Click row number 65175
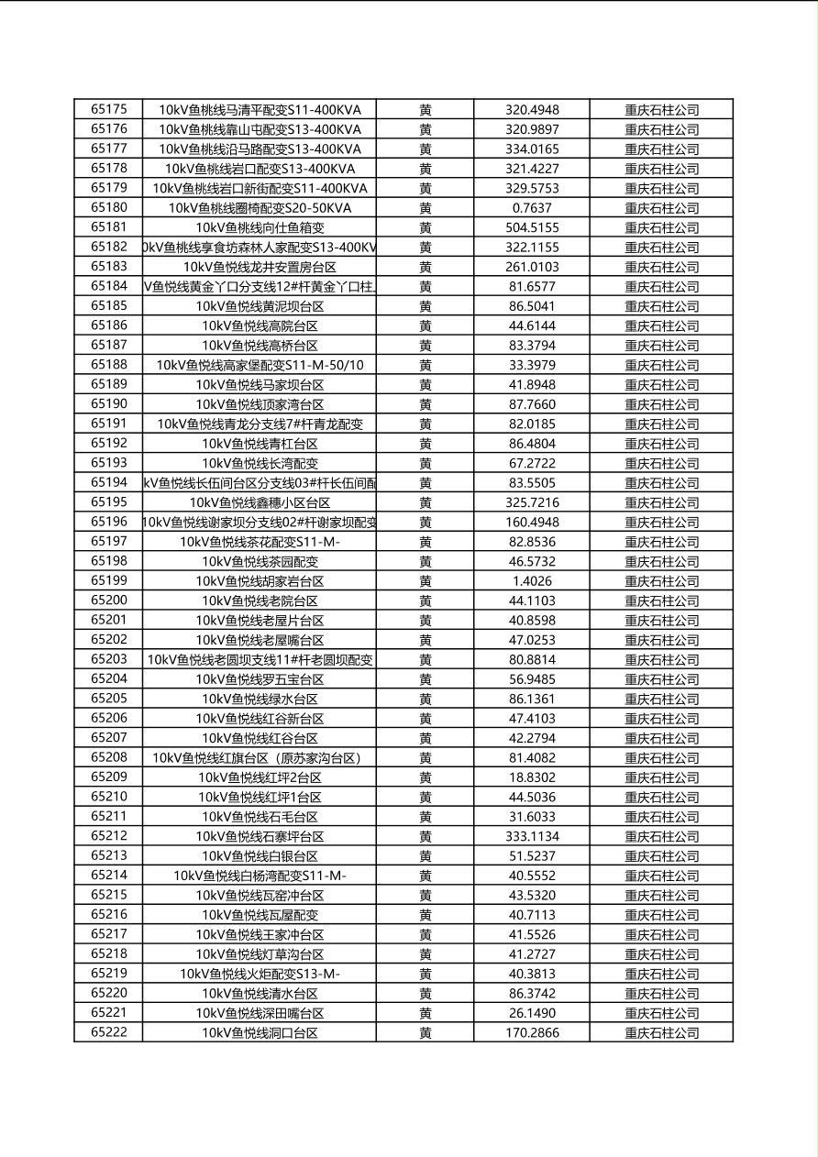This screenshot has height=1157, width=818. tap(109, 110)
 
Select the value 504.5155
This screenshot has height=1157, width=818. tap(532, 227)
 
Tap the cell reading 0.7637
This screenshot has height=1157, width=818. tap(532, 208)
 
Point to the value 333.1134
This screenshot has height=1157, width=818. tap(532, 836)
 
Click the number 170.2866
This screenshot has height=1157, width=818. tap(532, 1032)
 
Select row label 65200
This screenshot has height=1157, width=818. tap(109, 601)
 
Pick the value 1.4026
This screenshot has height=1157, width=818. tap(532, 581)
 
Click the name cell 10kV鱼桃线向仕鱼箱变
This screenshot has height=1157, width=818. tap(260, 227)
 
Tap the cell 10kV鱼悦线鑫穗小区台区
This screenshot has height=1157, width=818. tap(260, 502)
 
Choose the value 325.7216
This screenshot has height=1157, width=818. tap(532, 502)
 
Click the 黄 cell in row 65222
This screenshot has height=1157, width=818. tap(426, 1032)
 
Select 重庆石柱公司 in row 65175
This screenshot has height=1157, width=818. tap(662, 110)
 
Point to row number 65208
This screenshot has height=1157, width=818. tap(109, 757)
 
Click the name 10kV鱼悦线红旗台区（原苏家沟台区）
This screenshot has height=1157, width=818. tap(260, 757)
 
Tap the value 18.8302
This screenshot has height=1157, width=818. tap(532, 777)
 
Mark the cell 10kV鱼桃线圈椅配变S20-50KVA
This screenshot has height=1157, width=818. tap(260, 208)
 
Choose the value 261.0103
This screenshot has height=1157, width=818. tap(532, 267)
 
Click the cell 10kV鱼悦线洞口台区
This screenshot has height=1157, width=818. tap(260, 1032)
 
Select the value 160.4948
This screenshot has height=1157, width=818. tap(532, 523)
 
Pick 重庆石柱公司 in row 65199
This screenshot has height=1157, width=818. tap(662, 581)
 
